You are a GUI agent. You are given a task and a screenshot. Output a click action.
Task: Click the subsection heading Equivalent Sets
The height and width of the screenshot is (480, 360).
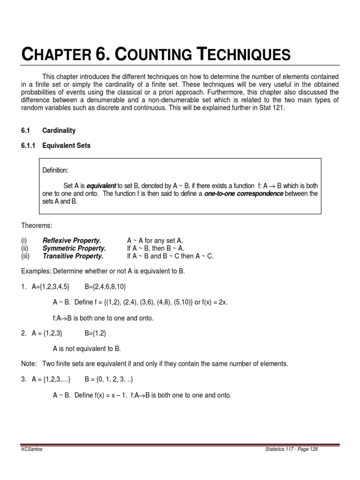click(66, 146)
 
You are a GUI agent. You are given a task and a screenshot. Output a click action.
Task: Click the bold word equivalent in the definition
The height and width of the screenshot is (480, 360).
click(102, 185)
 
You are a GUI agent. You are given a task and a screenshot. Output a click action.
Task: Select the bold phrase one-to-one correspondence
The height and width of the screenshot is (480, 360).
click(244, 193)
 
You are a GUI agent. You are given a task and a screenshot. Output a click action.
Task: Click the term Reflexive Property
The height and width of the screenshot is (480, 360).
click(72, 240)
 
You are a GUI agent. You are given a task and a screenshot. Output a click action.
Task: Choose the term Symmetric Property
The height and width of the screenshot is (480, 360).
click(74, 248)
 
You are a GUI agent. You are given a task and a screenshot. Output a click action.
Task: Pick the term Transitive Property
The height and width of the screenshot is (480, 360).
click(73, 256)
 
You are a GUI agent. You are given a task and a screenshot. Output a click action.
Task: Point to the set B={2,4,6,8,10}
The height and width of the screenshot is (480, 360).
click(105, 286)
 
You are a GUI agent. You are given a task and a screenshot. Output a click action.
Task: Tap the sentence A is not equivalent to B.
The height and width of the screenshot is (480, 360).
click(87, 348)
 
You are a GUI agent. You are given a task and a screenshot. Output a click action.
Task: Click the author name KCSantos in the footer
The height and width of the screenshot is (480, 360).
click(32, 449)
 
